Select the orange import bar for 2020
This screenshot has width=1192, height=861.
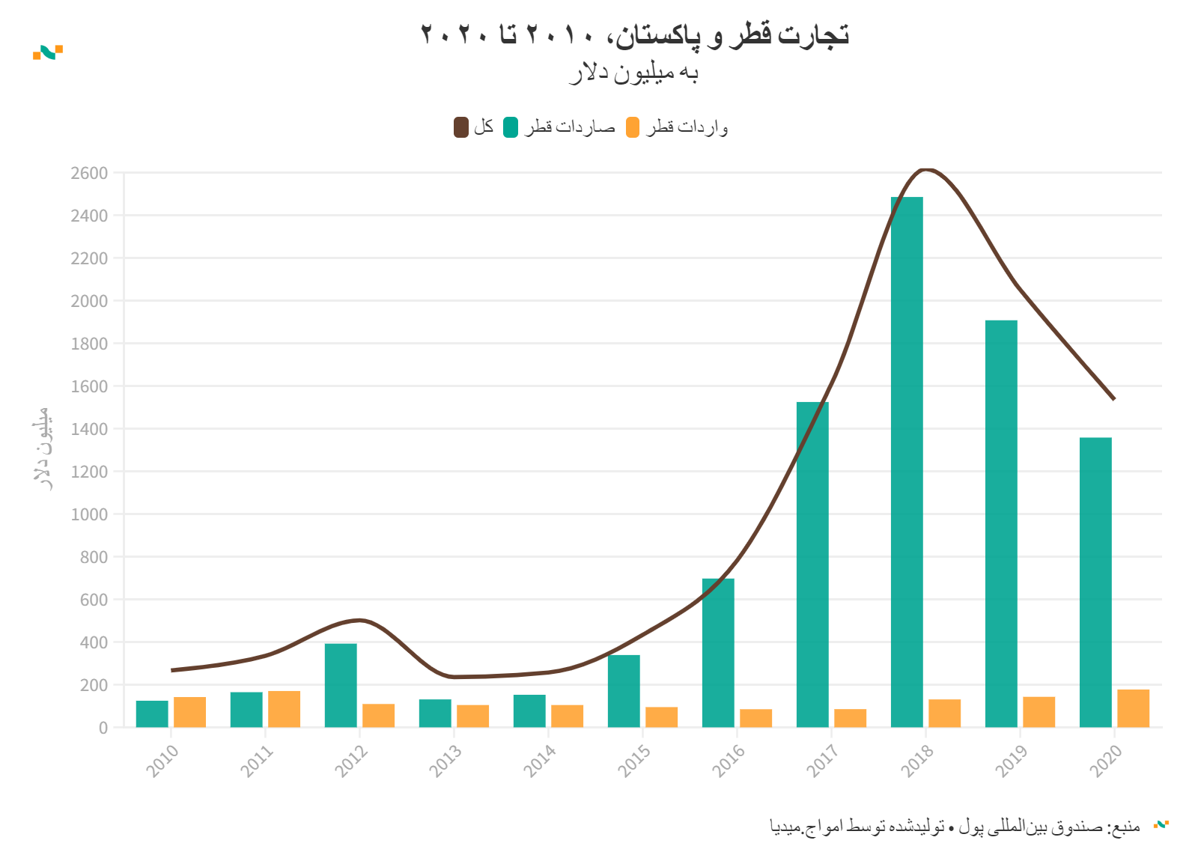point(1133,708)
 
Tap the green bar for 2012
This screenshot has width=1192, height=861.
point(341,685)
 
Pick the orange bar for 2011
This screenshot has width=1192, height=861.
point(284,709)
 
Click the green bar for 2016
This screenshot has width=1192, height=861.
point(718,653)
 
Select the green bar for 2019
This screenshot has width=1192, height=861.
point(1001,523)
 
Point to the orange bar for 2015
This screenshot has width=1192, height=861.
point(661,717)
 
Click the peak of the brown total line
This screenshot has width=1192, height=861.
point(926,170)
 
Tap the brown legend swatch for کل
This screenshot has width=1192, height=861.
point(461,127)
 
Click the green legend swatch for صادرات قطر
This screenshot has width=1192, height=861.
point(511,127)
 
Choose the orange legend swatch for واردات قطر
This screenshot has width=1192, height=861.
point(633,127)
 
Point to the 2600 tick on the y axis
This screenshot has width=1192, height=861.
point(89,173)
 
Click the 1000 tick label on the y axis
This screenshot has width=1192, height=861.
point(89,514)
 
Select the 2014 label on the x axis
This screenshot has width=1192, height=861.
point(539,761)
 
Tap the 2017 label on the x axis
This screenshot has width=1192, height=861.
point(822,761)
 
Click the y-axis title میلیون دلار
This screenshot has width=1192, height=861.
point(42,448)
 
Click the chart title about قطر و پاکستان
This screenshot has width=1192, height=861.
point(634,35)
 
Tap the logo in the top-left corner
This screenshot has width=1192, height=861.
point(48,52)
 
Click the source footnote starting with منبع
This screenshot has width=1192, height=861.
point(955,827)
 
